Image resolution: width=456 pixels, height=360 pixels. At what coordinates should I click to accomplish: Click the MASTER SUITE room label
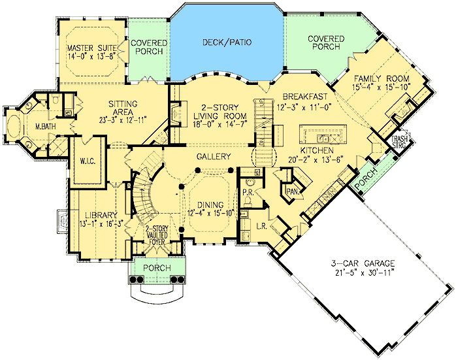pos(91,48)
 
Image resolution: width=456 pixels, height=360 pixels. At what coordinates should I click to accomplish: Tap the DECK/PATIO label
pos(227,42)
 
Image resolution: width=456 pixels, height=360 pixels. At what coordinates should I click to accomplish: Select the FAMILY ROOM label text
pos(382,78)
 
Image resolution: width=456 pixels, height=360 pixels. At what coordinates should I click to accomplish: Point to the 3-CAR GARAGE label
pos(363,263)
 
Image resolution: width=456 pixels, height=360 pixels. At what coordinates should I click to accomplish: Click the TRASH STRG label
pos(399,142)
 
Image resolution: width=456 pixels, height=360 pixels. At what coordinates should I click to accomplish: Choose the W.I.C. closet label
pos(88,161)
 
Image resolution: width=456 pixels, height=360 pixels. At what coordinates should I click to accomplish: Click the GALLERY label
pos(214,157)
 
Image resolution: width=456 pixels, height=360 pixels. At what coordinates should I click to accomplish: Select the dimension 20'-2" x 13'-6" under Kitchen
pos(316,159)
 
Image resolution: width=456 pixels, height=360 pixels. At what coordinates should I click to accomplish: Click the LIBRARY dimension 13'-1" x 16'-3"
pos(102,224)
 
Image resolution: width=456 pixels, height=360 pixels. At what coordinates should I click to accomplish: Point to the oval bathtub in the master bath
pos(14,127)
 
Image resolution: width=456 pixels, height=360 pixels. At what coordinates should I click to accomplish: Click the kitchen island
pos(323,135)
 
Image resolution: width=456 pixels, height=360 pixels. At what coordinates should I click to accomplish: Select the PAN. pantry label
pos(291,191)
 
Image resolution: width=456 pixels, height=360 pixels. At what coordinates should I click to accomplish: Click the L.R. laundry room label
pos(262,226)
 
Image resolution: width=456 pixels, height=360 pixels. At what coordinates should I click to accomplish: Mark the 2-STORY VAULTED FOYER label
pos(156,235)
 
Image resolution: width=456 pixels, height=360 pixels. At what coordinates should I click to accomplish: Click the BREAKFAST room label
pos(305,96)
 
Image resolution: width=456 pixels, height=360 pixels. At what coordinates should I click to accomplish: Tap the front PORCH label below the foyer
pos(157,268)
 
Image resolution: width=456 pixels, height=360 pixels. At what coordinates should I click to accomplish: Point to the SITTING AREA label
pos(123,108)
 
